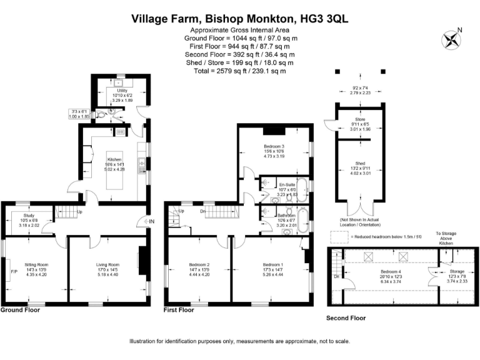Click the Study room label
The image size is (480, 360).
[x=29, y=219]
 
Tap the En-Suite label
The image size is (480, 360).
[x=287, y=185]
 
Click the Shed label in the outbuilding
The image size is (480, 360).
[x=361, y=163]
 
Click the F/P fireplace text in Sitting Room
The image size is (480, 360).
[x=14, y=272]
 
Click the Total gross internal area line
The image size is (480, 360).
[x=240, y=71]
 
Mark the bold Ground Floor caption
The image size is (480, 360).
[x=20, y=310]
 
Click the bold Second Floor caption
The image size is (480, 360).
[x=346, y=318]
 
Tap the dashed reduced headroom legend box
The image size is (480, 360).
[x=338, y=236]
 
